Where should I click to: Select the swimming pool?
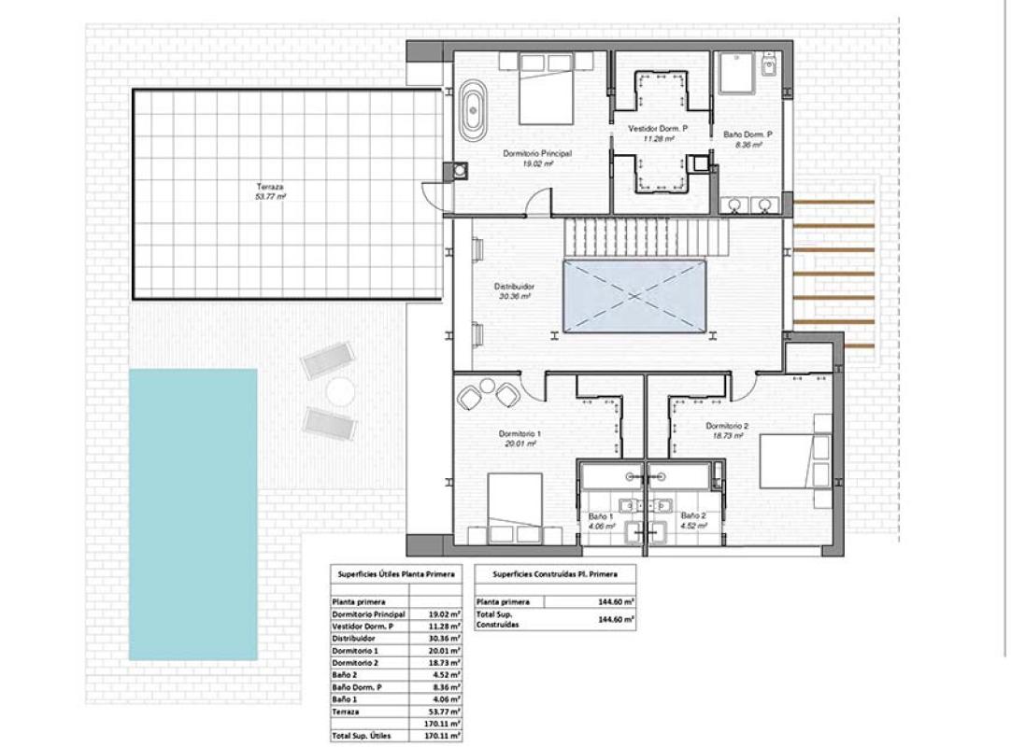[192, 514]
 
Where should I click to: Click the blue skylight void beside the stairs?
[634, 296]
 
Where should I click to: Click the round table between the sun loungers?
[341, 392]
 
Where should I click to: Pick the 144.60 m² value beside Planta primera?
[616, 602]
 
